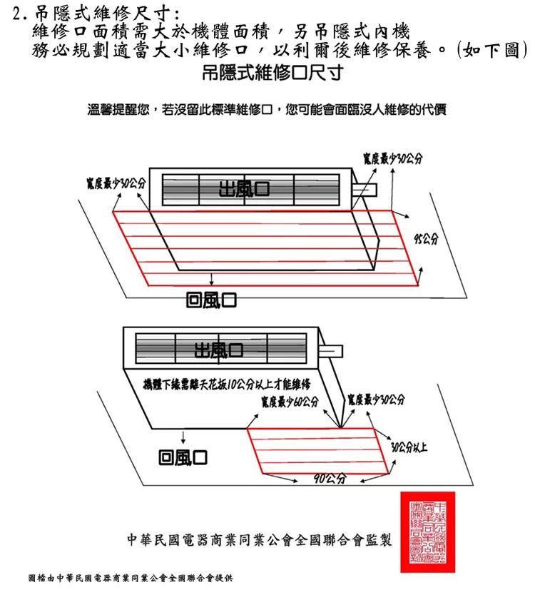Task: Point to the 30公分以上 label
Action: [x=409, y=447]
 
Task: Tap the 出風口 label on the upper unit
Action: [x=245, y=189]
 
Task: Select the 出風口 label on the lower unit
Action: [x=219, y=350]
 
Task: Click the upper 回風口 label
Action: [x=210, y=300]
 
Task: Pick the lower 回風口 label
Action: [x=183, y=456]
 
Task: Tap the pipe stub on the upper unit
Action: [x=367, y=190]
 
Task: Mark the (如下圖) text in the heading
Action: [x=494, y=50]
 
